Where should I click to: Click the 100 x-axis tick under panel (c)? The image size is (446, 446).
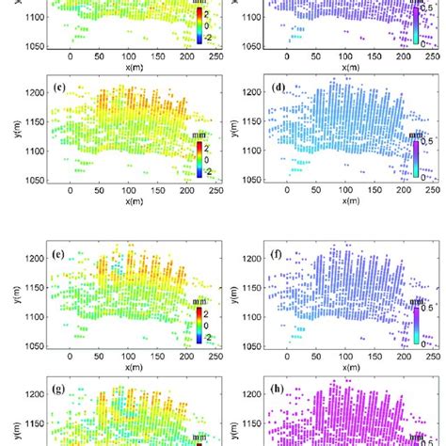(x=124, y=189)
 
